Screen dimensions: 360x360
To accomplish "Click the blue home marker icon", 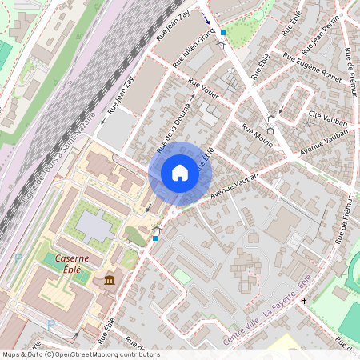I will [180, 172].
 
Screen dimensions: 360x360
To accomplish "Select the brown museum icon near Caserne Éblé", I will [110, 280].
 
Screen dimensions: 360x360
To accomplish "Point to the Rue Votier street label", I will [203, 86].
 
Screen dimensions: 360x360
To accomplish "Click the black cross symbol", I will [304, 302].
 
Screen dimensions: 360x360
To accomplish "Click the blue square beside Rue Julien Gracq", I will [223, 33].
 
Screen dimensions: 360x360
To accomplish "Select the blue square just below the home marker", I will [154, 238].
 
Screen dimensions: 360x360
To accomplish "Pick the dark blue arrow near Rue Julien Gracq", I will [207, 19].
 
